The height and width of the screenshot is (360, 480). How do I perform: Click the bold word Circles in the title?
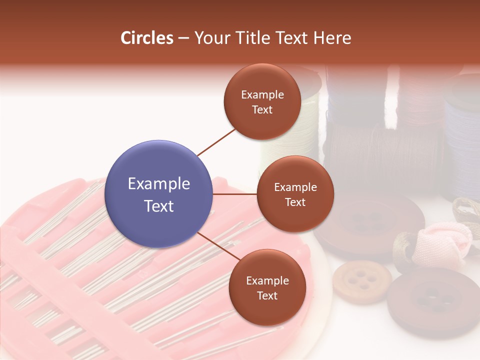click(x=147, y=38)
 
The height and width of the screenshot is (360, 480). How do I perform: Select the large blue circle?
click(x=159, y=194)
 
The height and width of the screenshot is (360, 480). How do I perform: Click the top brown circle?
click(x=262, y=101)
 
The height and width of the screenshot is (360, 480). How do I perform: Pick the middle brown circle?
click(x=295, y=194)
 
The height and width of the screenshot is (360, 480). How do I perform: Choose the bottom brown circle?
click(x=267, y=287)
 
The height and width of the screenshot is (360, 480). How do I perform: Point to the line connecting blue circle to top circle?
click(x=216, y=142)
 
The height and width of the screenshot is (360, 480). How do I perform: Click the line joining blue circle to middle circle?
click(x=235, y=194)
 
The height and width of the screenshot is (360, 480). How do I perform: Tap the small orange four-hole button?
click(x=362, y=281)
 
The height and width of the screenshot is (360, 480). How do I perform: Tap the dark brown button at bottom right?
click(x=432, y=302)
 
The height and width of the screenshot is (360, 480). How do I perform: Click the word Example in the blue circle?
click(x=159, y=184)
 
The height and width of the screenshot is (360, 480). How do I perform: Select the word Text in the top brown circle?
click(x=262, y=110)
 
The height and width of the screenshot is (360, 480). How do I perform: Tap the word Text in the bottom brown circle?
click(x=267, y=296)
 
